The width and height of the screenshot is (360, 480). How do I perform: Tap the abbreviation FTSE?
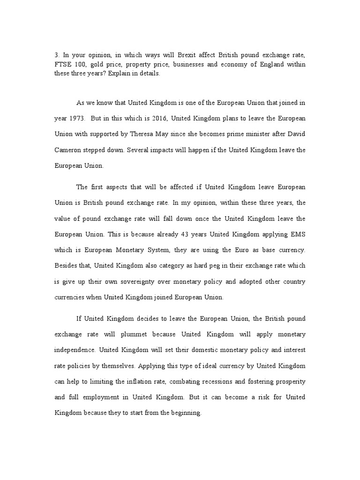63,64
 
